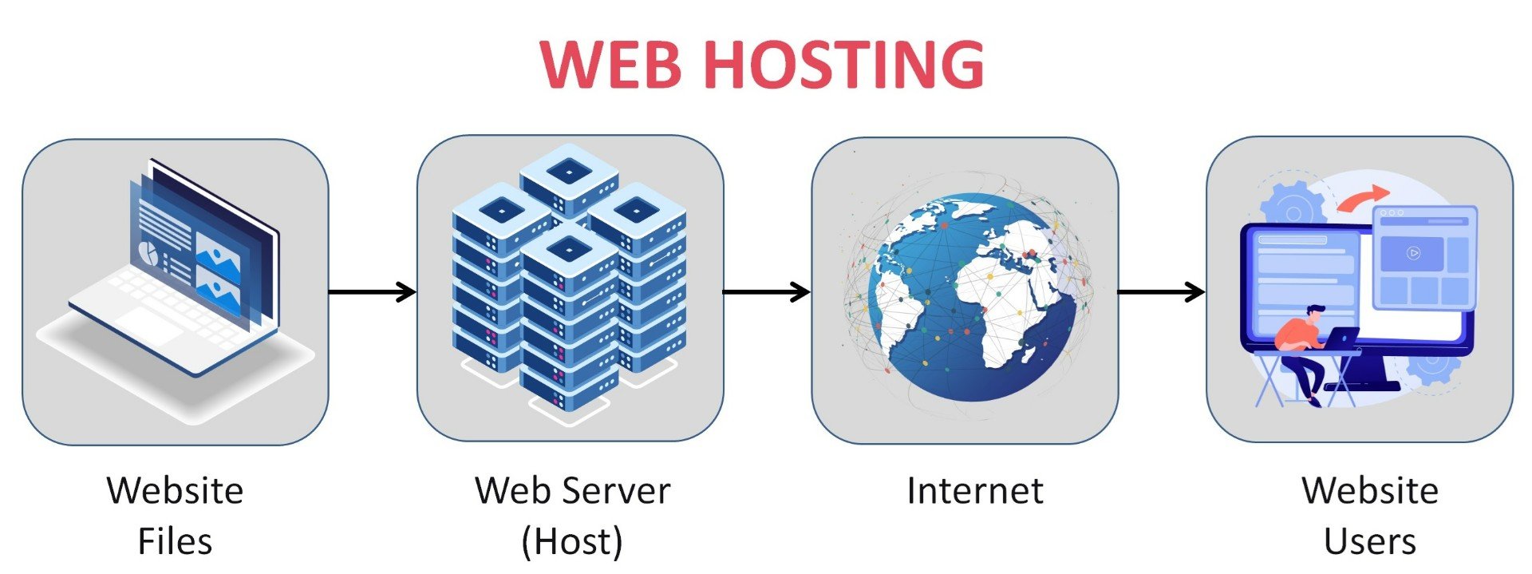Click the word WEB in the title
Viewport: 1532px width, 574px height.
pyautogui.click(x=610, y=64)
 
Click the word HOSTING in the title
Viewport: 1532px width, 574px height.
pyautogui.click(x=845, y=64)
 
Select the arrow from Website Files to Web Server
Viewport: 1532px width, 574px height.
pyautogui.click(x=372, y=292)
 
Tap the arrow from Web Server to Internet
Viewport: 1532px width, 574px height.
pyautogui.click(x=766, y=292)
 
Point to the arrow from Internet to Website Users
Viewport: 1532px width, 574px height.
pyautogui.click(x=1160, y=292)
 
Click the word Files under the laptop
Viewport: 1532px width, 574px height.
pyautogui.click(x=175, y=541)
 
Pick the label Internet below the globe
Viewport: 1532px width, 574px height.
pyautogui.click(x=974, y=490)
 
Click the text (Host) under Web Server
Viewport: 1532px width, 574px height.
pyautogui.click(x=571, y=541)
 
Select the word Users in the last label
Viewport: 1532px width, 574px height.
pyautogui.click(x=1369, y=541)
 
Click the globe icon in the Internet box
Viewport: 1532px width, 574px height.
pyautogui.click(x=969, y=295)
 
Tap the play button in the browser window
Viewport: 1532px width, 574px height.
pyautogui.click(x=1412, y=253)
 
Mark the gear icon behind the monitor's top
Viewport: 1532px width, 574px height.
pyautogui.click(x=1293, y=206)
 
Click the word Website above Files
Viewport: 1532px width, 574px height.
pyautogui.click(x=175, y=490)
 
